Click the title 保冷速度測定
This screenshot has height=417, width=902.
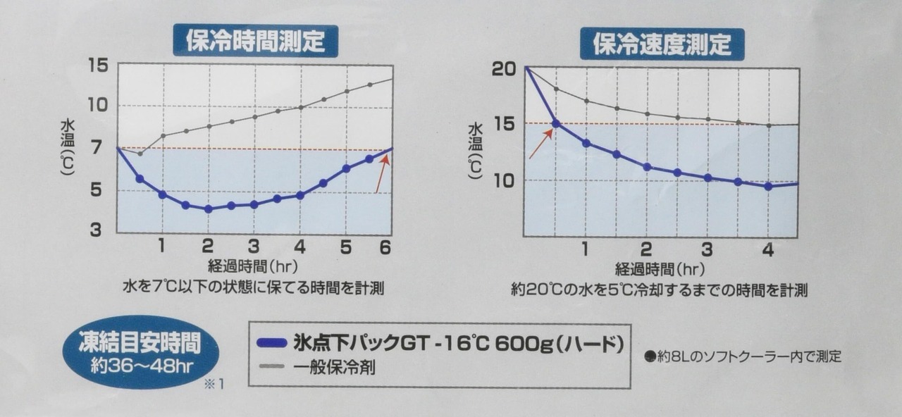coord(662,44)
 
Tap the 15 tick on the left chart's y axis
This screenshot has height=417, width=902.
coord(97,65)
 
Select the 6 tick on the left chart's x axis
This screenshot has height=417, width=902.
coord(385,247)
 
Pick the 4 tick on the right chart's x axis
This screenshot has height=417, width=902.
coord(768,251)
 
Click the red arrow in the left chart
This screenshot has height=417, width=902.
coord(381,173)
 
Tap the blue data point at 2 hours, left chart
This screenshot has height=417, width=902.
coord(208,208)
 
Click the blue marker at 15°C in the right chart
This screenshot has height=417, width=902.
coord(555,123)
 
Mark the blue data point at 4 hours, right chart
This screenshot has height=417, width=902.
coord(768,186)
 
